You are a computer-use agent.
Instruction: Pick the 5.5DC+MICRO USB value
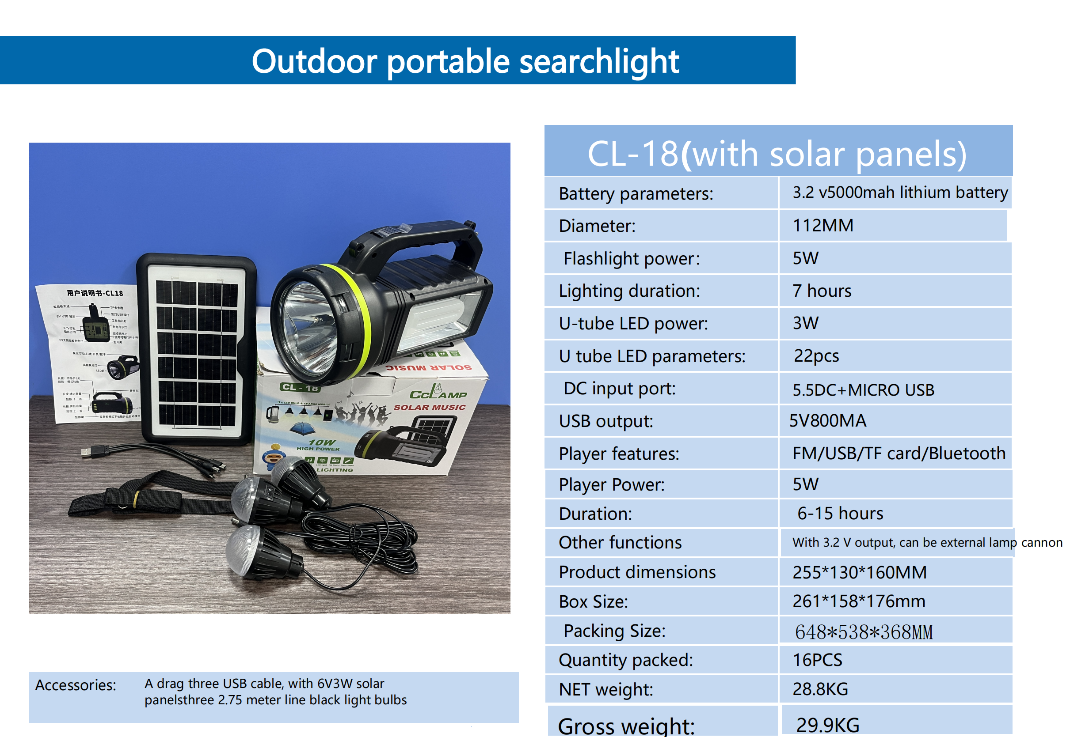tap(863, 389)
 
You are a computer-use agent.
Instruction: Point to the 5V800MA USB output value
tap(827, 420)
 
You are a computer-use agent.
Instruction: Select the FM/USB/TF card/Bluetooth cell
tap(899, 453)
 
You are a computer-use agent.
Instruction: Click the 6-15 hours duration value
tap(840, 514)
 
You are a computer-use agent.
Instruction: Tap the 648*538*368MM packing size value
tap(864, 631)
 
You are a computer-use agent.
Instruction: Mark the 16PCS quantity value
tap(817, 660)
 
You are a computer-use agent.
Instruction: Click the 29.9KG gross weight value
tap(827, 725)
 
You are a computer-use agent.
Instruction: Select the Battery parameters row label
tap(636, 194)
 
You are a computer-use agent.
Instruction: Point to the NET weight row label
tap(605, 689)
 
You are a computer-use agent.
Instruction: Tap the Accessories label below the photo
tap(76, 685)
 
